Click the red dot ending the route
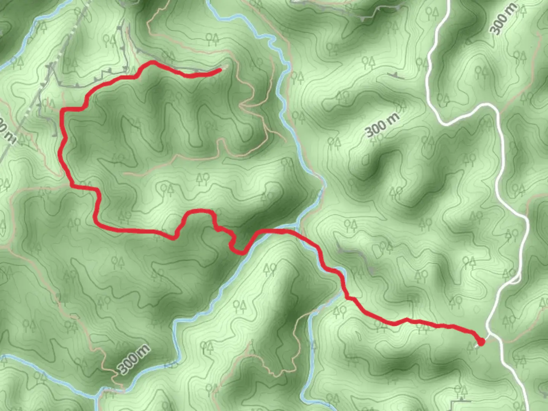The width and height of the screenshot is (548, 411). click(x=481, y=342)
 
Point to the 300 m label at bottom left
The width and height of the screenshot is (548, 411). click(x=133, y=359)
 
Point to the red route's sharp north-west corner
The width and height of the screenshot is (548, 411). click(x=63, y=111)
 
